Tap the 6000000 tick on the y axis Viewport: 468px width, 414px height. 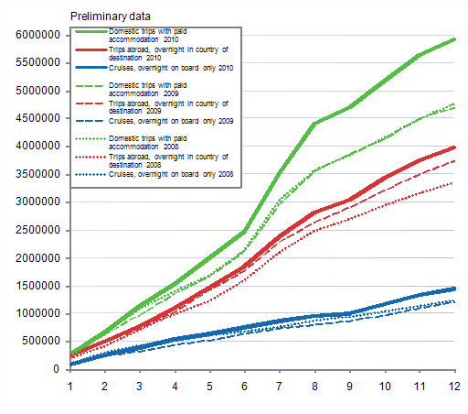[x=33, y=35]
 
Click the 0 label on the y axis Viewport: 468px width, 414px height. [x=57, y=369]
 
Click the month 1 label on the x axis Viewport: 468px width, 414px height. [x=69, y=386]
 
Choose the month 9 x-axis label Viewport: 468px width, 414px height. [x=348, y=386]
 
